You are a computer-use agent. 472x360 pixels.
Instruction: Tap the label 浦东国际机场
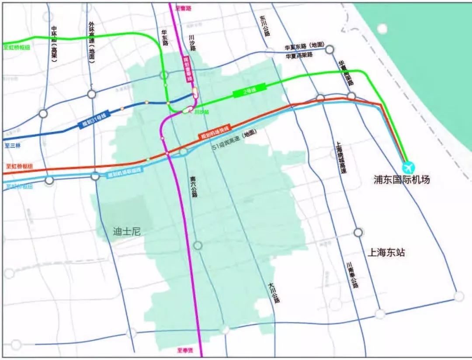[x=402, y=180]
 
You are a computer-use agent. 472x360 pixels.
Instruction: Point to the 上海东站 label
[x=387, y=253]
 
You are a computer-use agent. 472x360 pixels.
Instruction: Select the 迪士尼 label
[x=126, y=232]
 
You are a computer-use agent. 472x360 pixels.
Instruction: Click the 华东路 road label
[x=165, y=39]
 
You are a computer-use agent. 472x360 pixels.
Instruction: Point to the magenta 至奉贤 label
[x=185, y=350]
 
